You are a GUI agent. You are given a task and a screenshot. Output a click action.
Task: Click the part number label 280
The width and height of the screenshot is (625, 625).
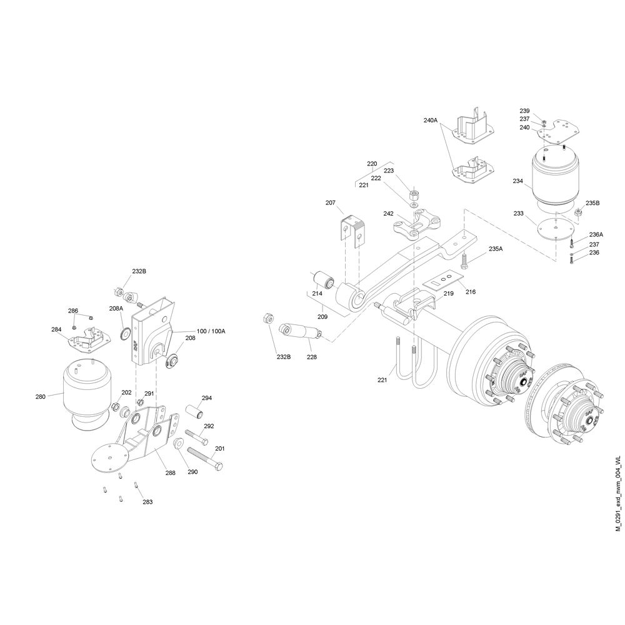click(x=41, y=396)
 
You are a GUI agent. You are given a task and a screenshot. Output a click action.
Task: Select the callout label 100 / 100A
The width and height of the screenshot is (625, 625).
click(x=211, y=331)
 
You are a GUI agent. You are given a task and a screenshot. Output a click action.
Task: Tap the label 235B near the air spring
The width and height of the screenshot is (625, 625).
click(x=592, y=203)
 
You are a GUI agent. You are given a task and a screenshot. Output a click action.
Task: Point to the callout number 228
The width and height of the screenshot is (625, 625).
click(x=312, y=357)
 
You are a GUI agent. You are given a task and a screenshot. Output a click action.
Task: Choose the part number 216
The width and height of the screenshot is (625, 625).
click(x=471, y=291)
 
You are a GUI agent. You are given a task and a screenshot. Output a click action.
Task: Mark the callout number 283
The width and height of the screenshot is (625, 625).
click(x=147, y=501)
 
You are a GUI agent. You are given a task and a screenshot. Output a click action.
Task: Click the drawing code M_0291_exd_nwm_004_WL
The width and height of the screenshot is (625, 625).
click(x=618, y=494)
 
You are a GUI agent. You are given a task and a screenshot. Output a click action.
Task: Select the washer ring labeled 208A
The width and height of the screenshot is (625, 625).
click(x=126, y=333)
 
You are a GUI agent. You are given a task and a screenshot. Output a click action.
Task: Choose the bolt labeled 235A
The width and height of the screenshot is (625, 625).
click(x=464, y=261)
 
